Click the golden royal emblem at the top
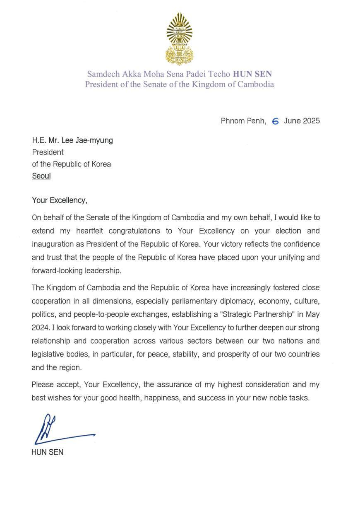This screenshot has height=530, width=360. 179,39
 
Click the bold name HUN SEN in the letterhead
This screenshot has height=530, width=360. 252,75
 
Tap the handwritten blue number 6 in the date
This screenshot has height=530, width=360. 275,121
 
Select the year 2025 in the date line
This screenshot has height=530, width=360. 310,121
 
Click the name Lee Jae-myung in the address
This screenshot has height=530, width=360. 87,140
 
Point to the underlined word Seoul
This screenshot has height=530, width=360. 41,176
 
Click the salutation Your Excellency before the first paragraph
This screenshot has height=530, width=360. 60,200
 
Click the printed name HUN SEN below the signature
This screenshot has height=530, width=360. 48,452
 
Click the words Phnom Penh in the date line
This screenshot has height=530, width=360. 243,121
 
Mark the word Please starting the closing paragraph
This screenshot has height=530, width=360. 43,385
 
